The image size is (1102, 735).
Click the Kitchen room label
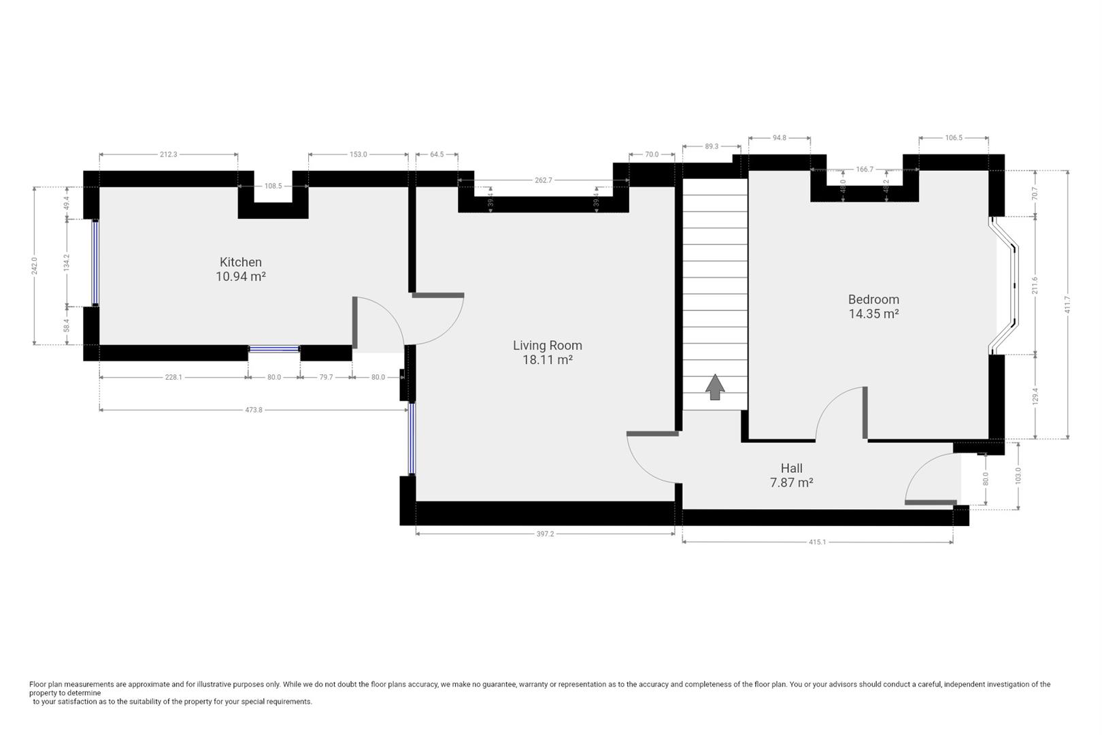coord(241,263)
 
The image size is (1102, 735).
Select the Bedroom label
coord(873,300)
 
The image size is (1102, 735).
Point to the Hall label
coord(792,468)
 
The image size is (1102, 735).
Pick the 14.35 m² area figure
coord(873,314)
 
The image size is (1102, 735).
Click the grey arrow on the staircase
coord(715,387)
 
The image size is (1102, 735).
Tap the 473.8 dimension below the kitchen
coord(254,410)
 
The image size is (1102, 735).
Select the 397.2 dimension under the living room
coord(545,534)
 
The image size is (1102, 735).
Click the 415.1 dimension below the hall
coord(818,542)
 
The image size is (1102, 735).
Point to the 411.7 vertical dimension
coord(1067,305)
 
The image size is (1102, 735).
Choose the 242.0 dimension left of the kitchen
coord(34,266)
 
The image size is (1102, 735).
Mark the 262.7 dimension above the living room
coord(544,180)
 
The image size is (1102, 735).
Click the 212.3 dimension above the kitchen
coord(168,154)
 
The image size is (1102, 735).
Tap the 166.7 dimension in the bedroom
coord(865,169)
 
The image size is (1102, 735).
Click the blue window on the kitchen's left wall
coord(95,263)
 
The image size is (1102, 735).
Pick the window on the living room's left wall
coord(412,439)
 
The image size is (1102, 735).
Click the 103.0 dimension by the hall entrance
coord(1018,476)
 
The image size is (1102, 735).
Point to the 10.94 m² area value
coord(241,277)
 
